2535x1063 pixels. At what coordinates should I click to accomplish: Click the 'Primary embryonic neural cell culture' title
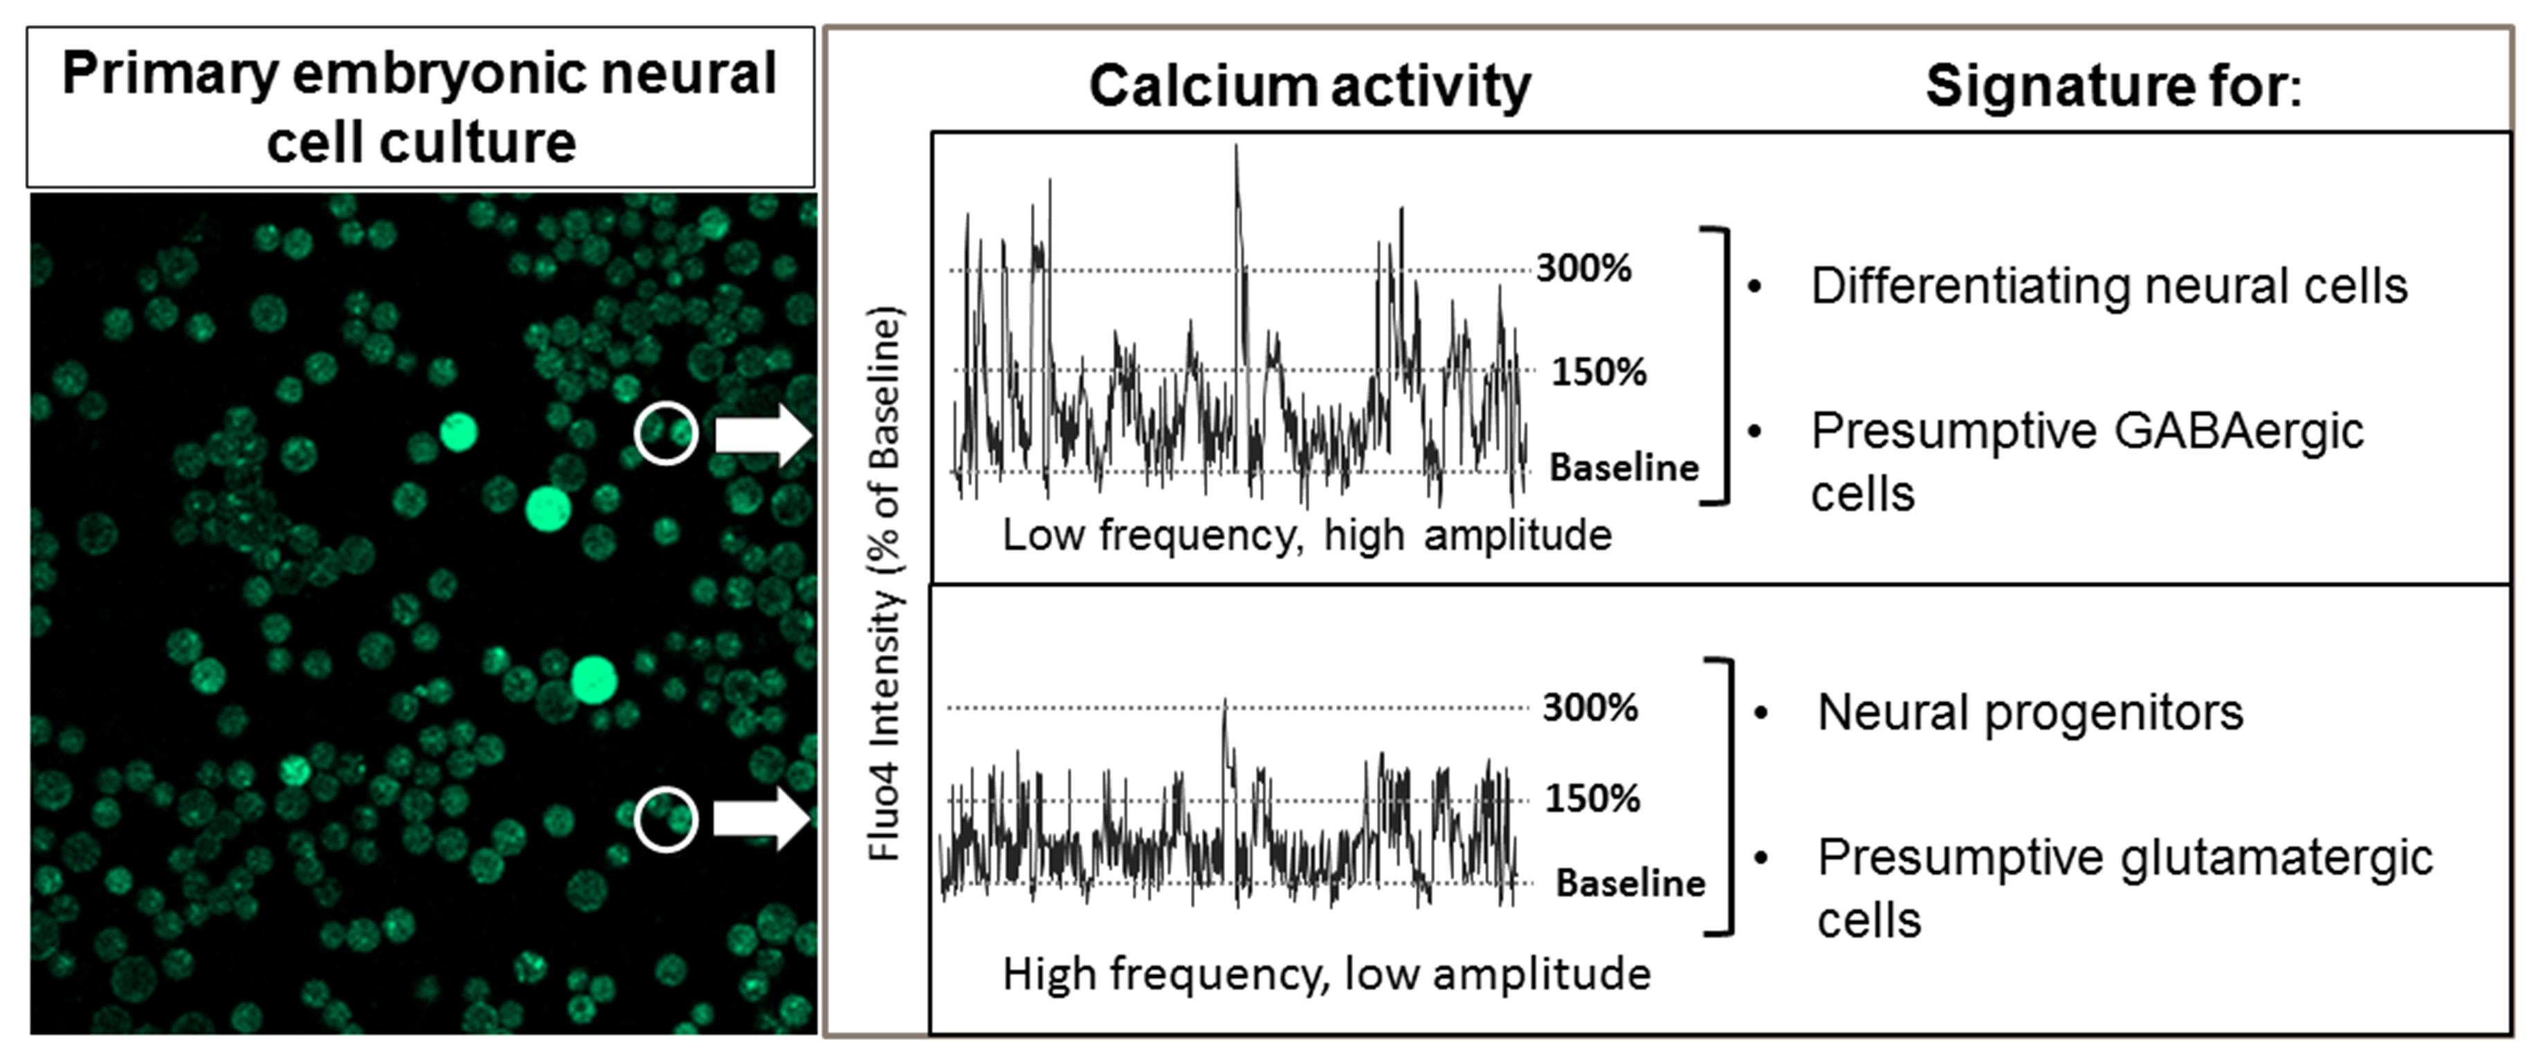[420, 107]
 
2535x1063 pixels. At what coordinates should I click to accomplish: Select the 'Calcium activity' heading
[1309, 86]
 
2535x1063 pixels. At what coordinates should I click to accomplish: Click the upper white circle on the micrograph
[666, 432]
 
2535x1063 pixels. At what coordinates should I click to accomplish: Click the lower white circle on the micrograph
[666, 819]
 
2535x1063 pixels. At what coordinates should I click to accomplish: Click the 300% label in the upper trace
[1583, 268]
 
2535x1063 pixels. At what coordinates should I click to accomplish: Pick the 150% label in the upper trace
[1598, 372]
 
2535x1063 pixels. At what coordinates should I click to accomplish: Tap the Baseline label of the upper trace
[1624, 467]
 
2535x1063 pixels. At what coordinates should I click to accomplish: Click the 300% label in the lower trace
[1589, 708]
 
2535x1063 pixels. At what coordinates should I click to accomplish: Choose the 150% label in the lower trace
[1592, 798]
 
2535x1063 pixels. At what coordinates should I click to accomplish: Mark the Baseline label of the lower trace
[1630, 883]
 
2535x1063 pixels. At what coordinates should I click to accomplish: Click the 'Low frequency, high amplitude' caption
[1307, 535]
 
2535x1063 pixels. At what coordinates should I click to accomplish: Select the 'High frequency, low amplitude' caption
[1326, 974]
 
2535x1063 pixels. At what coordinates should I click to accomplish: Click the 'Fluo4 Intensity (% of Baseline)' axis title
[885, 586]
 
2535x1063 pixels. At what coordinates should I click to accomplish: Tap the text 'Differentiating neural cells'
[2109, 287]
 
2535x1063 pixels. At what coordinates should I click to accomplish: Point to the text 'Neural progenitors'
[2030, 713]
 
